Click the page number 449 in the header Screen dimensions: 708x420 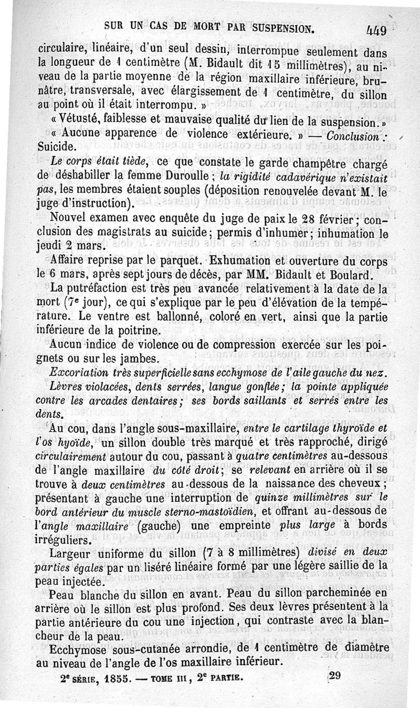coord(376,30)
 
